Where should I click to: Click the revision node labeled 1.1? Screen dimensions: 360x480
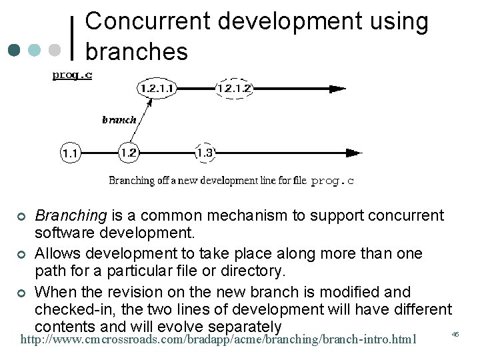pyautogui.click(x=70, y=153)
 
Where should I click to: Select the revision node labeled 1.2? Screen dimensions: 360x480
pyautogui.click(x=129, y=153)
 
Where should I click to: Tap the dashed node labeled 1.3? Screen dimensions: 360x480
pyautogui.click(x=205, y=153)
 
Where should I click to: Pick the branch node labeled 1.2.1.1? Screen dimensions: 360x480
pyautogui.click(x=157, y=87)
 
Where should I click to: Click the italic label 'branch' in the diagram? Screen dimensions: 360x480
pyautogui.click(x=119, y=120)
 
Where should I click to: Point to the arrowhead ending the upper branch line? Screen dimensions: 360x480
pyautogui.click(x=338, y=87)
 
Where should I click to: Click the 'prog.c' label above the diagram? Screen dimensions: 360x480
pyautogui.click(x=72, y=75)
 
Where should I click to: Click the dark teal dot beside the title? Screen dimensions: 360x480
pyautogui.click(x=15, y=50)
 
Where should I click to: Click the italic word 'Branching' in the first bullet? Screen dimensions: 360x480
pyautogui.click(x=71, y=215)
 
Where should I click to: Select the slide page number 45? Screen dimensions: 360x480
pyautogui.click(x=456, y=333)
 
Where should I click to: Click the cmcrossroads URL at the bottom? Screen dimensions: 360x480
pyautogui.click(x=219, y=339)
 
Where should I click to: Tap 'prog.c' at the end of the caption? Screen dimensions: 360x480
pyautogui.click(x=333, y=180)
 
